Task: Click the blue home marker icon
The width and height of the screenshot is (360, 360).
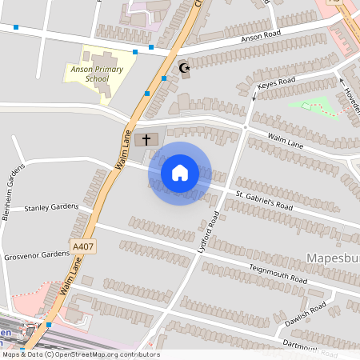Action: click(180, 173)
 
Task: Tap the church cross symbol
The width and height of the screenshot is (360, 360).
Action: click(146, 139)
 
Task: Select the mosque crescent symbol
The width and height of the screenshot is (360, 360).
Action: click(185, 70)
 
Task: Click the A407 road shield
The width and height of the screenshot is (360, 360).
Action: click(82, 246)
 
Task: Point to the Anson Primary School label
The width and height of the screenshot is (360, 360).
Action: click(97, 74)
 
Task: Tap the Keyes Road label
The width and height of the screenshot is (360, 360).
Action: click(277, 82)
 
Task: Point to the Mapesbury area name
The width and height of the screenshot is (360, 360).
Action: click(333, 258)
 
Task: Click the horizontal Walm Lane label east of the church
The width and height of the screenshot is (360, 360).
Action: click(286, 141)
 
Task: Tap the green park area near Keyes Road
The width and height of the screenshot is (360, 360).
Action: click(314, 106)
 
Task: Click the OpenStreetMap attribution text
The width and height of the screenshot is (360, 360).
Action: click(80, 354)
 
